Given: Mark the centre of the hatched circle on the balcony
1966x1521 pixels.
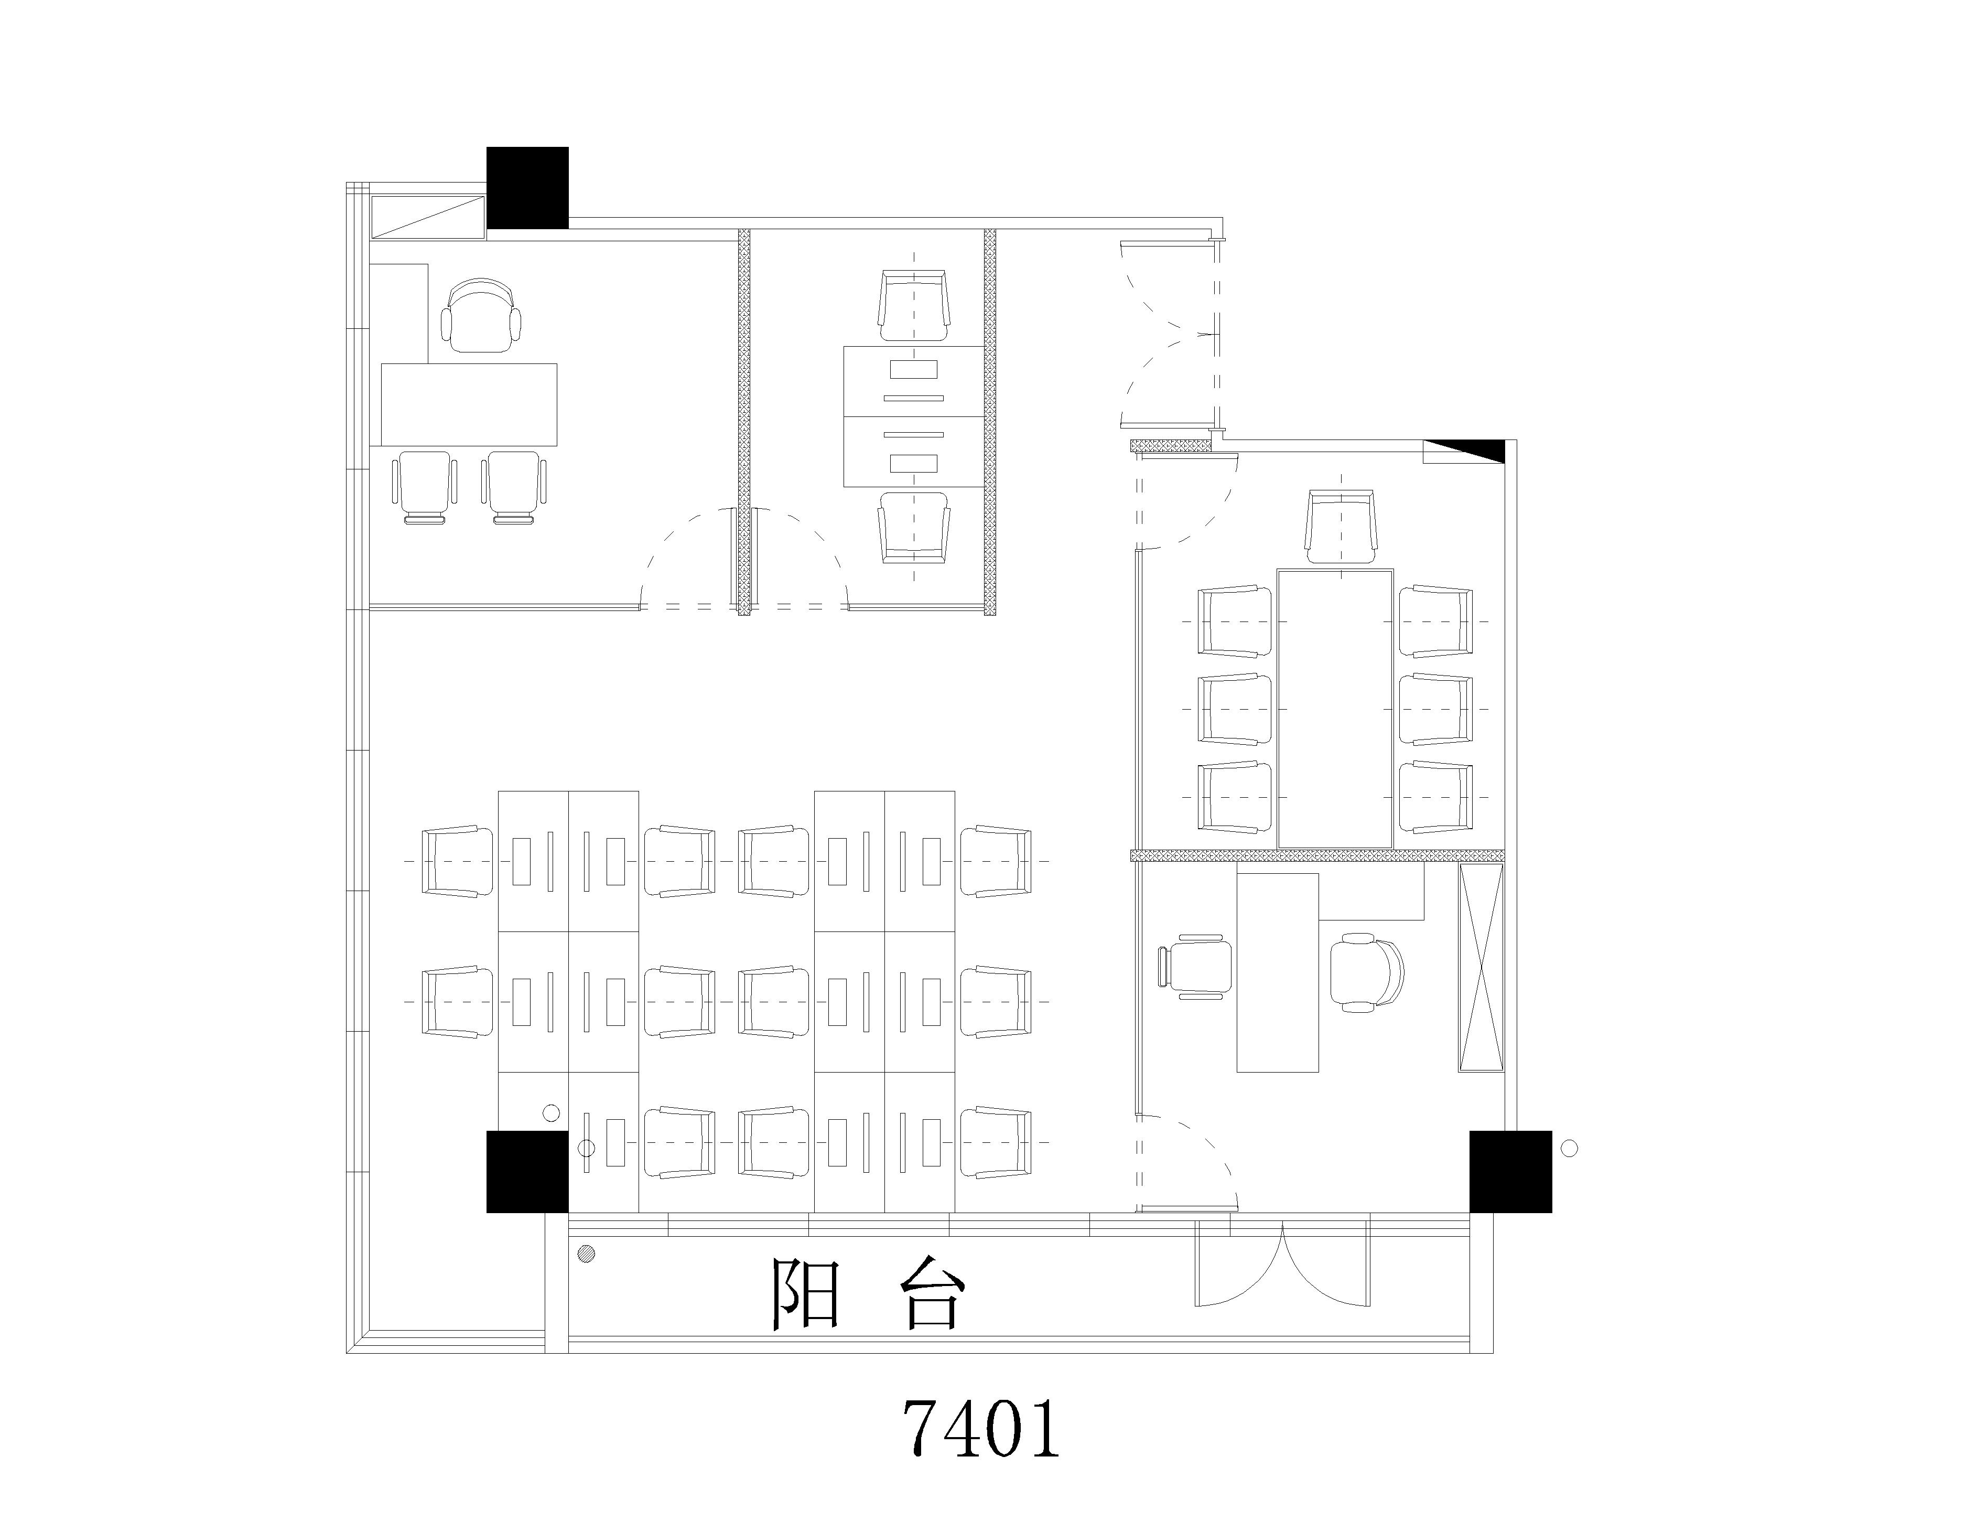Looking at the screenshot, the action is coord(587,1252).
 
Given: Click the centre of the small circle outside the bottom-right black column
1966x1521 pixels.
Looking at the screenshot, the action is coord(1569,1148).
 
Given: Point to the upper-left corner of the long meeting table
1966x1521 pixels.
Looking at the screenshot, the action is coord(1278,569).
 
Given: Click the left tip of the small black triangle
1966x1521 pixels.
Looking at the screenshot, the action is coord(1423,441).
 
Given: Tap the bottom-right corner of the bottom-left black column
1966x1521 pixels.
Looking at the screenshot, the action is coord(568,1212).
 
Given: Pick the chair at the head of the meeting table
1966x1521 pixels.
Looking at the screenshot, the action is coord(1341,526).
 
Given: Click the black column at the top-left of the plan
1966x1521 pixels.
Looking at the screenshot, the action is coord(527,187).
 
